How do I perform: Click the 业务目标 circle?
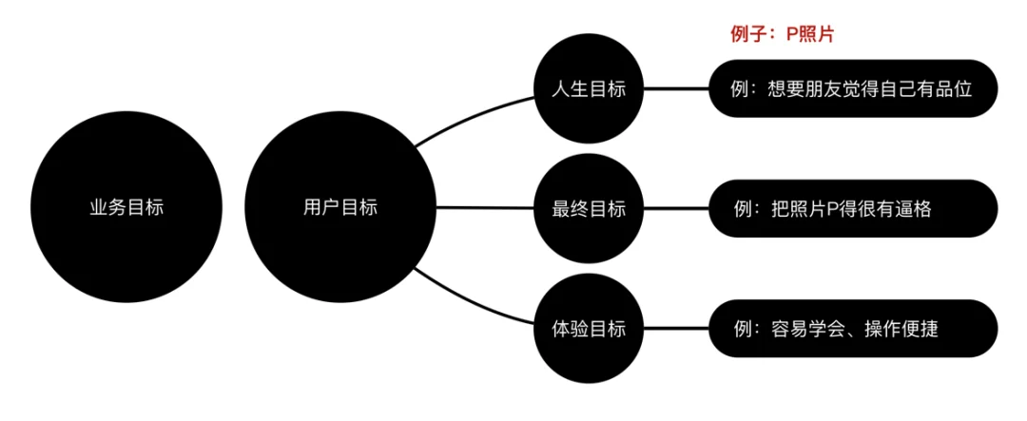click(127, 208)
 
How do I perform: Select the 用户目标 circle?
click(339, 208)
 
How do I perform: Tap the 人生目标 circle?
click(589, 88)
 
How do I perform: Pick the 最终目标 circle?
click(589, 209)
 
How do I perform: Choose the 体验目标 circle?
click(589, 328)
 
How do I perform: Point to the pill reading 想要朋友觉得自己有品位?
click(853, 88)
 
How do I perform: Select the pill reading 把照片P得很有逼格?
click(853, 209)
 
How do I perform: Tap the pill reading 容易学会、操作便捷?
click(853, 328)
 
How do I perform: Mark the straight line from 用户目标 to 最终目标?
click(485, 208)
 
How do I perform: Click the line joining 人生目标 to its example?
click(676, 88)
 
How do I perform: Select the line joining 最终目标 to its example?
click(676, 209)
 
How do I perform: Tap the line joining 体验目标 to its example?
click(676, 328)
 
